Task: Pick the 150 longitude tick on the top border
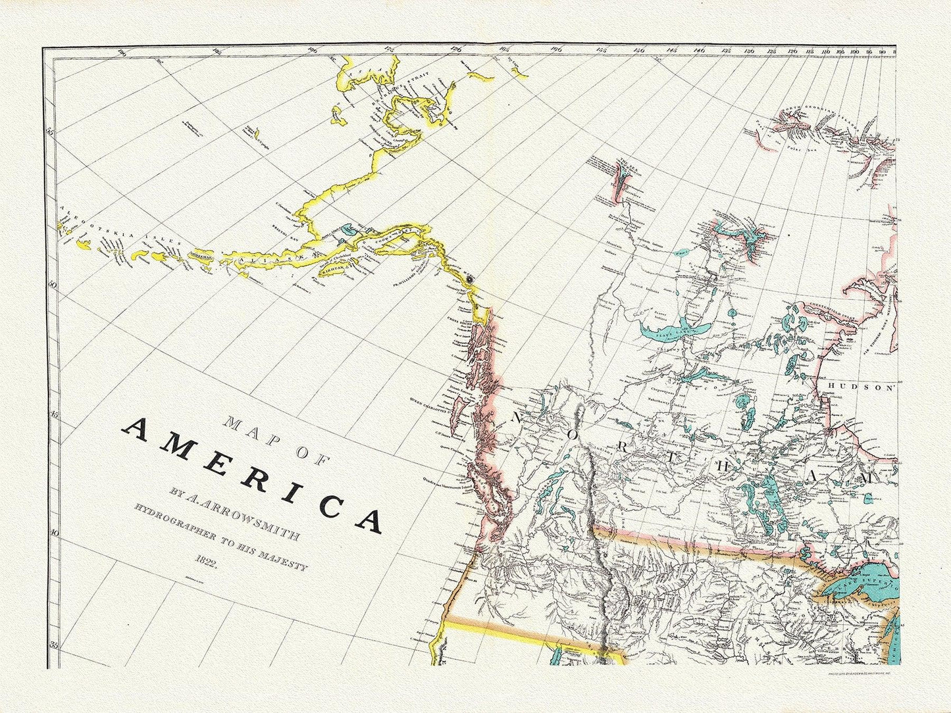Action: tap(638, 49)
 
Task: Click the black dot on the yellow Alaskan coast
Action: tap(470, 279)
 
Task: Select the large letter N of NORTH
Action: tap(517, 418)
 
